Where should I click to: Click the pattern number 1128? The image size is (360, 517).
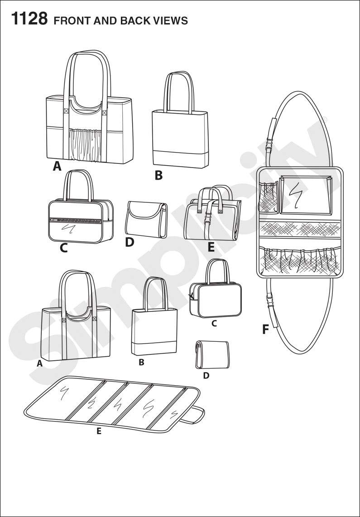click(x=28, y=19)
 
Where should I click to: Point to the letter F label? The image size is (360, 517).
click(x=266, y=330)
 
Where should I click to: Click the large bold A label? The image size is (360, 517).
click(x=57, y=167)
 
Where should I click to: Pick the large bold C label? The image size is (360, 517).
click(x=64, y=248)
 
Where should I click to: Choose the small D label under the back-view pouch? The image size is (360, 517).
click(x=206, y=375)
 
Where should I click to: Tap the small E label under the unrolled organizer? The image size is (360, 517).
click(x=99, y=431)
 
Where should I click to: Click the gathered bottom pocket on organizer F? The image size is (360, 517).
click(x=299, y=261)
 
